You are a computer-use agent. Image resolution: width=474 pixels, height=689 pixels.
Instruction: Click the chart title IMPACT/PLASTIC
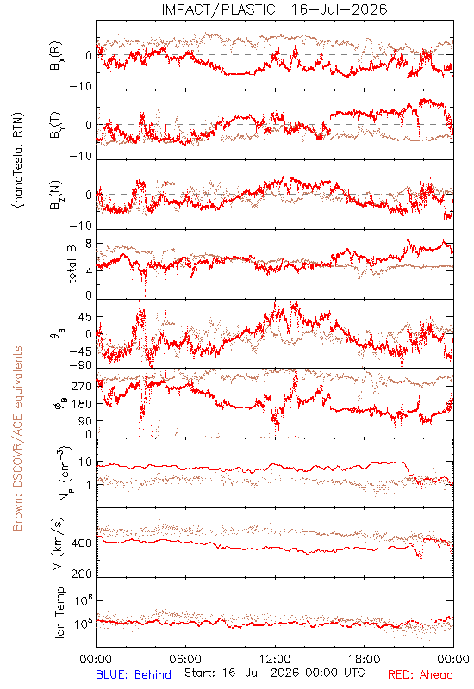click(219, 9)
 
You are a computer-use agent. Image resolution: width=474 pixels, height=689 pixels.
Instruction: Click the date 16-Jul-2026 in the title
click(339, 9)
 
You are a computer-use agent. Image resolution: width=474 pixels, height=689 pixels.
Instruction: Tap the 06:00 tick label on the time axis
click(185, 659)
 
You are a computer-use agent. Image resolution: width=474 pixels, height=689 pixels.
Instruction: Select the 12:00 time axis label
click(275, 659)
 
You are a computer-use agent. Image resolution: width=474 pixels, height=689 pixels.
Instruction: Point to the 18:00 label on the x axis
click(365, 659)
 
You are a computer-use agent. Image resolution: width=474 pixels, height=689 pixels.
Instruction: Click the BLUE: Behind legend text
click(134, 674)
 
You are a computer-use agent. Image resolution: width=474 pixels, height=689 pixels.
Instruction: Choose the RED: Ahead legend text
click(420, 674)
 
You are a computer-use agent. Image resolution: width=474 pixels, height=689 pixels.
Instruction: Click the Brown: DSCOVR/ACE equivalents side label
click(17, 438)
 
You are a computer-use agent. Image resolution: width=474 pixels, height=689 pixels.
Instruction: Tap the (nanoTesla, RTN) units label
click(18, 160)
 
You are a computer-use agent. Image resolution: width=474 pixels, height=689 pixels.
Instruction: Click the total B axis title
click(72, 264)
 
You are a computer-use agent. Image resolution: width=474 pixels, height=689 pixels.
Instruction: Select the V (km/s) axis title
click(58, 543)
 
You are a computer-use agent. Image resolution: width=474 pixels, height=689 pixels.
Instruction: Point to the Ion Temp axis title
click(59, 611)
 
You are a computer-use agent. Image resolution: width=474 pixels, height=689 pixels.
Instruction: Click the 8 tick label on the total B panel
click(89, 244)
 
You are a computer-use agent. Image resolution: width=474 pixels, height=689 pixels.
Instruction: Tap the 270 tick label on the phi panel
click(82, 387)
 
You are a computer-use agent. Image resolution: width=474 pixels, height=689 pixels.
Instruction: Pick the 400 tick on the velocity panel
click(82, 543)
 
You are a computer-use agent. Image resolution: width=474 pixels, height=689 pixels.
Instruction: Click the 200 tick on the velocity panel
click(82, 574)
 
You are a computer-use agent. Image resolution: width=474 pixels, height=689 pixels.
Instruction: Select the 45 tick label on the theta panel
click(85, 317)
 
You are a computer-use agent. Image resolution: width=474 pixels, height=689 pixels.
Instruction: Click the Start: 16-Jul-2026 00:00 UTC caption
click(274, 673)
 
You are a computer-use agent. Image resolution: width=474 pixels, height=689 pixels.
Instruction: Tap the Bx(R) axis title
click(56, 55)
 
